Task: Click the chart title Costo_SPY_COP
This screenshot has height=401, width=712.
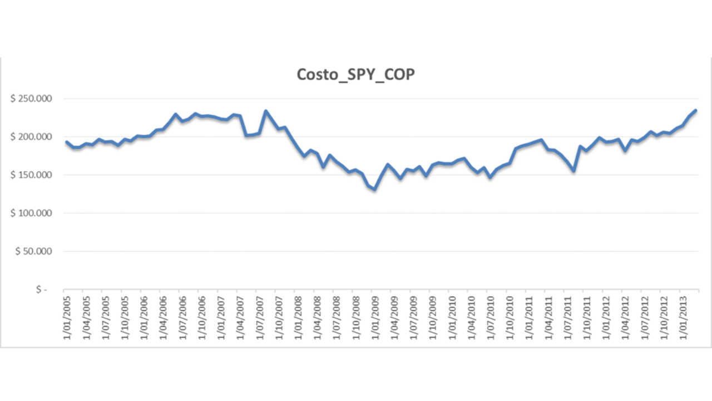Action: tap(356, 75)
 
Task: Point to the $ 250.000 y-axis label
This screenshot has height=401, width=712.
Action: tap(31, 99)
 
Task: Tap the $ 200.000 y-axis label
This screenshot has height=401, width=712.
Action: tap(31, 137)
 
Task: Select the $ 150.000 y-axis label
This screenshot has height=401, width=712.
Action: tap(31, 175)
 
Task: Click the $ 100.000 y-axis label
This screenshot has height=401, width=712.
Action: tap(31, 213)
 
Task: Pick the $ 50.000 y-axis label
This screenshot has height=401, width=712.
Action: tap(33, 251)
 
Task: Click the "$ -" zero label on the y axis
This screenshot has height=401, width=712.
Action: tap(41, 290)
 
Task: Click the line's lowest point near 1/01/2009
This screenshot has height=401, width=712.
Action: tap(374, 189)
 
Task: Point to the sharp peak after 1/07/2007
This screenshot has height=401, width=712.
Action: tap(265, 111)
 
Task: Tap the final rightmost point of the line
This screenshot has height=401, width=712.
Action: tap(695, 110)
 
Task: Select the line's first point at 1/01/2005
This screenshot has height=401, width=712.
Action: tap(66, 141)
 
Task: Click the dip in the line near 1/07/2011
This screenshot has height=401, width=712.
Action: tap(573, 170)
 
